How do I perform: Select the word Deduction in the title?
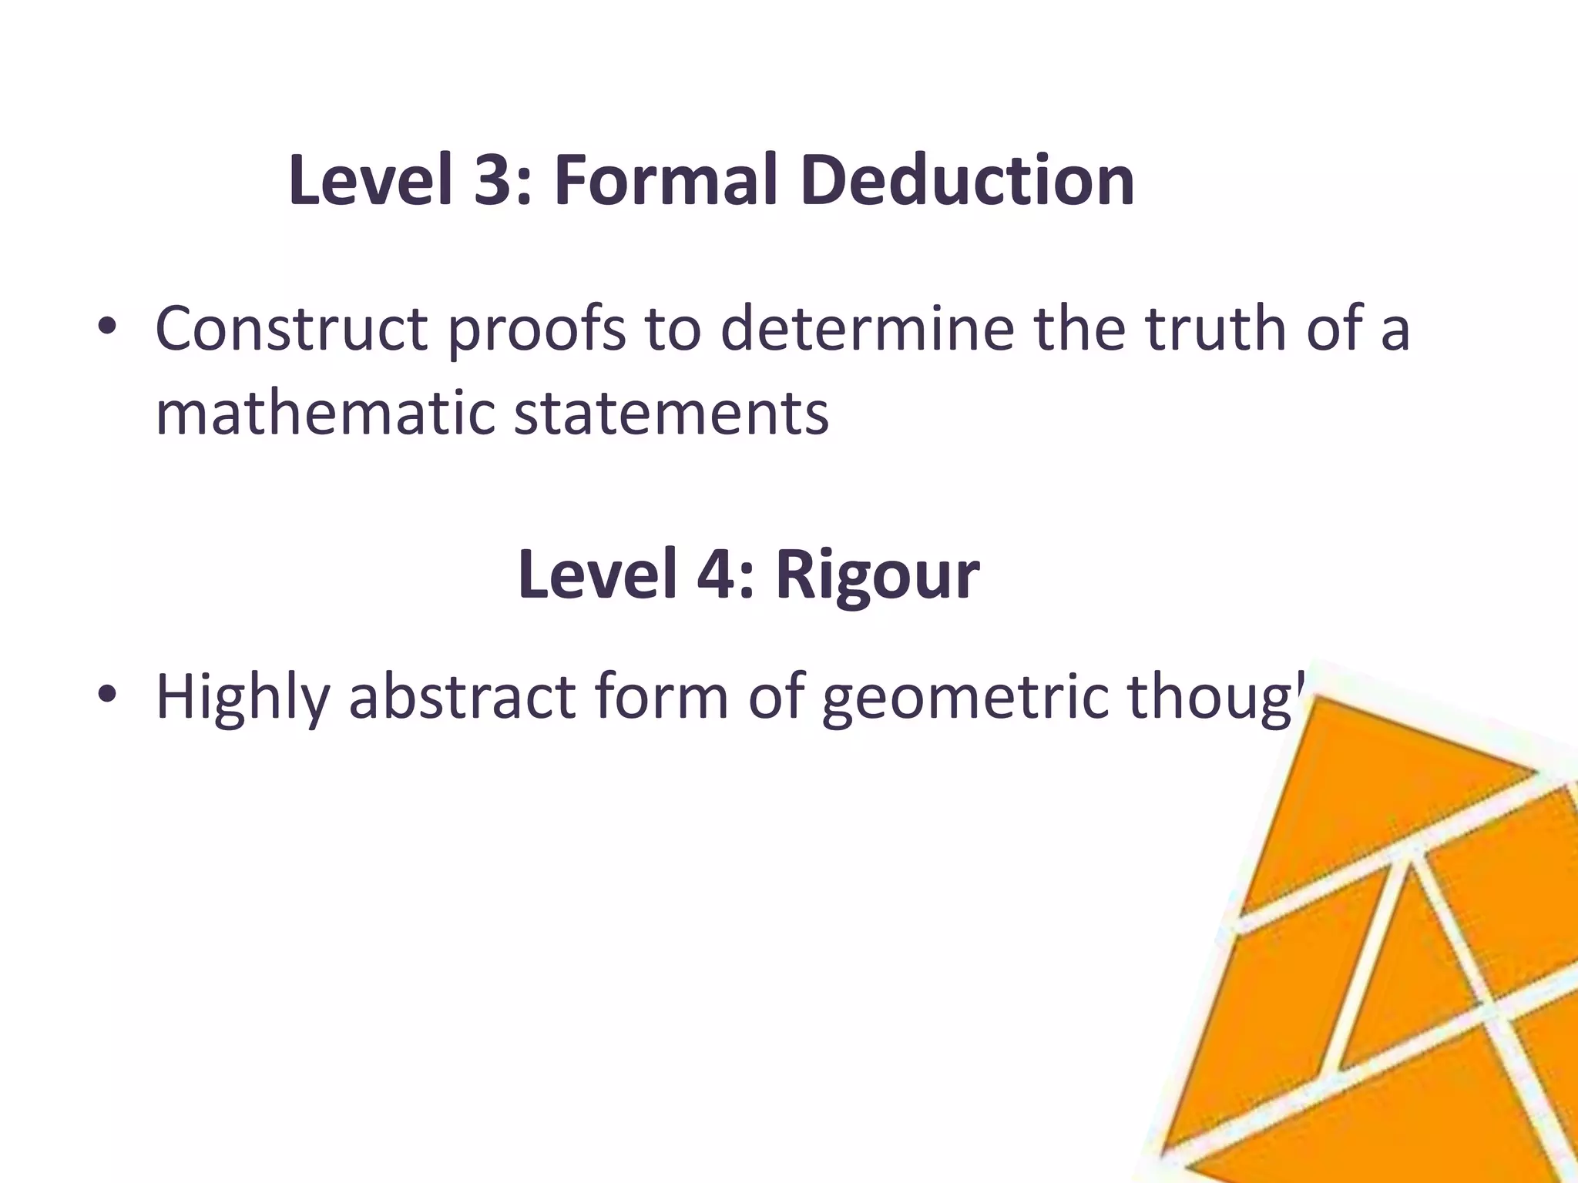point(967,181)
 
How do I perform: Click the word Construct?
point(291,329)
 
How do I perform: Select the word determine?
point(868,329)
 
